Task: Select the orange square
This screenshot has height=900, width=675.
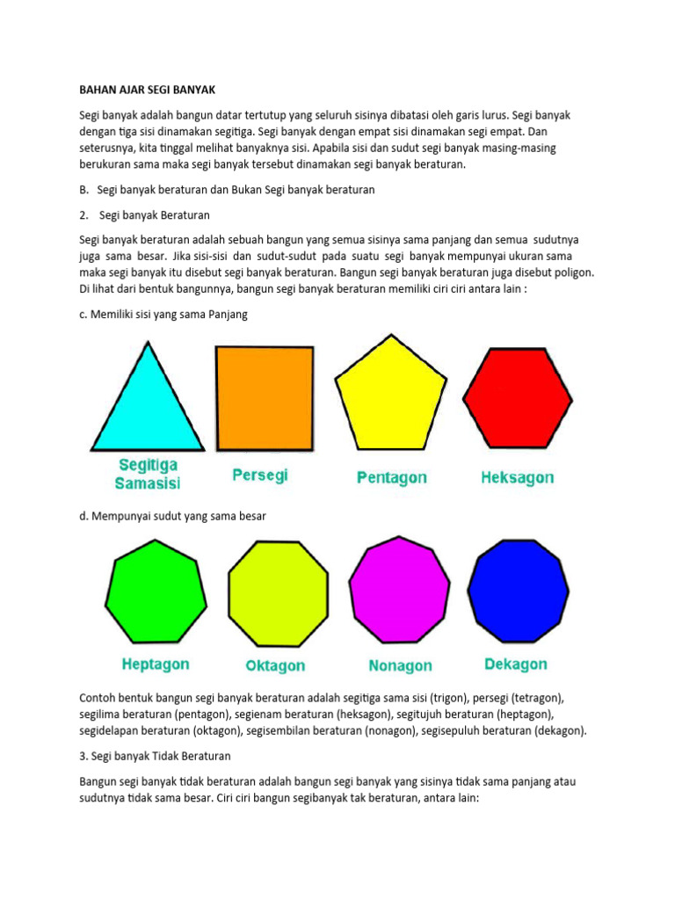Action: point(265,397)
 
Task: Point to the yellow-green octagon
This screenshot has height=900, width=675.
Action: point(278,595)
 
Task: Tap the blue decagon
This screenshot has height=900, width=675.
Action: point(518,591)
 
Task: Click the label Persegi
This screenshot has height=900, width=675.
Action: point(260,475)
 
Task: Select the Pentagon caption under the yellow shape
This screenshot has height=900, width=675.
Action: point(392,478)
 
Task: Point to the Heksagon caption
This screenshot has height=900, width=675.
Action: point(518,478)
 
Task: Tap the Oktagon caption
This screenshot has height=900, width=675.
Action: point(276,666)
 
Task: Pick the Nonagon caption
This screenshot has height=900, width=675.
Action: point(401,666)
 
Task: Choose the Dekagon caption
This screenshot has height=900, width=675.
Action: point(516,664)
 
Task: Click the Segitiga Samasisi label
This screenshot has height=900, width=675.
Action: point(147,473)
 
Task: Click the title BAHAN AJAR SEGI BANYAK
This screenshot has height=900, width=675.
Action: point(147,90)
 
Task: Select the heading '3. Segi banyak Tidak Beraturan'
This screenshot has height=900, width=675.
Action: point(155,756)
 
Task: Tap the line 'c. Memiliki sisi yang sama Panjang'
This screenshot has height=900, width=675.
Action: point(163,315)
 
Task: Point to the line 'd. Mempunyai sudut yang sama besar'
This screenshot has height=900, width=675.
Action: point(172,517)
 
